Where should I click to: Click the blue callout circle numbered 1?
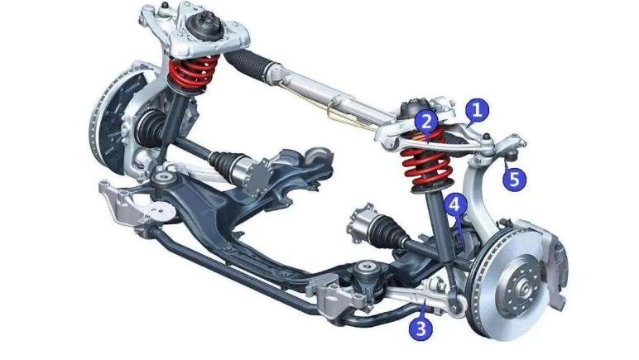[x=478, y=109]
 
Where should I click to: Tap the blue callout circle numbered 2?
[x=426, y=121]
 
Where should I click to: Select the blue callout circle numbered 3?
[x=421, y=328]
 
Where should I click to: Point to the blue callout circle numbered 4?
[x=454, y=205]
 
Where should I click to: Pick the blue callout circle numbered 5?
[x=514, y=180]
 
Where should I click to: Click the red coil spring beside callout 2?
[x=426, y=161]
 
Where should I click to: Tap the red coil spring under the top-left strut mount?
[x=193, y=74]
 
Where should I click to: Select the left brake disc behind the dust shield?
[x=107, y=122]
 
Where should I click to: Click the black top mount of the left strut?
[x=203, y=26]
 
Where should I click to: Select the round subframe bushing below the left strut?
[x=166, y=179]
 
